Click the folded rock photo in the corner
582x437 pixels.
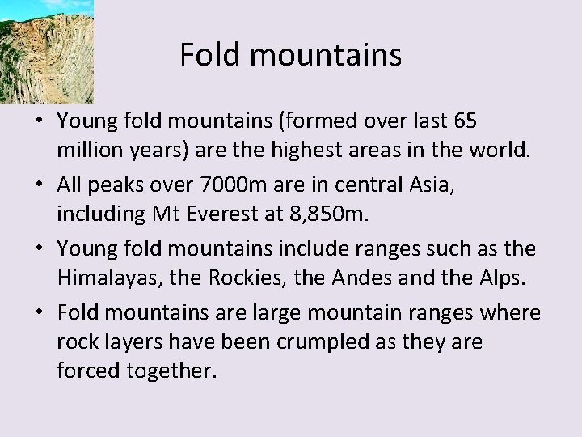pos(46,50)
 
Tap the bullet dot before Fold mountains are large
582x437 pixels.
pos(39,313)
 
